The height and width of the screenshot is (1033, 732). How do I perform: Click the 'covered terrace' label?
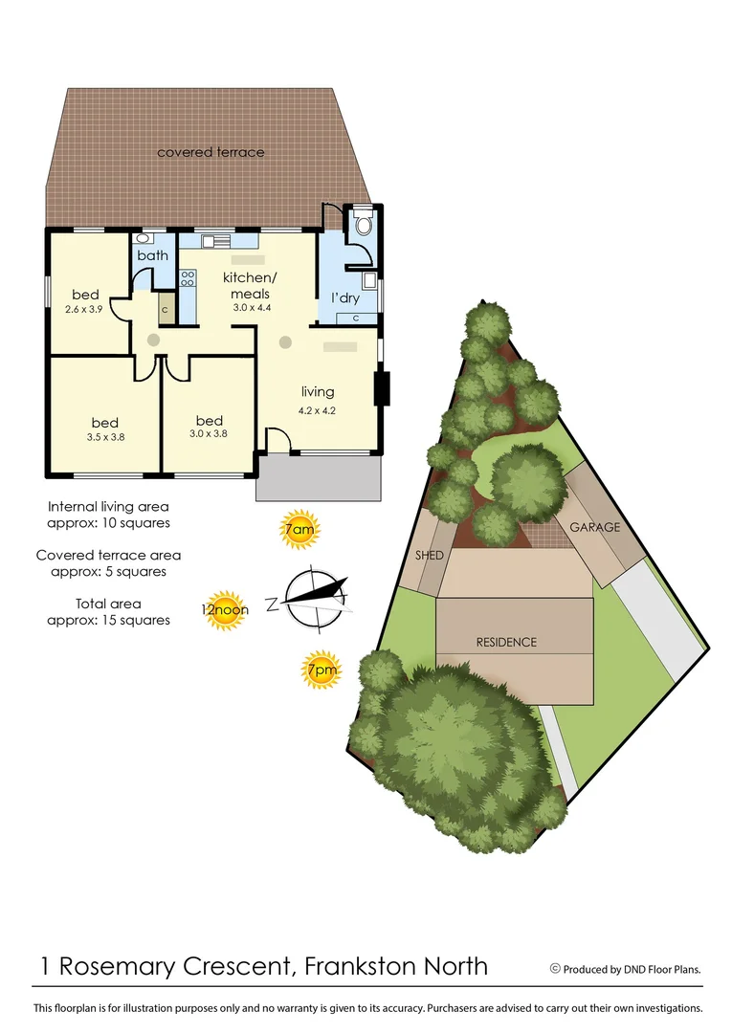(211, 152)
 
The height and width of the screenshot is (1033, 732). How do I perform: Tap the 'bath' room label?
(152, 255)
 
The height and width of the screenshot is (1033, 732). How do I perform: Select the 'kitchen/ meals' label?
(247, 285)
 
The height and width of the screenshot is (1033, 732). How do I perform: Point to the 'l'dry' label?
(345, 298)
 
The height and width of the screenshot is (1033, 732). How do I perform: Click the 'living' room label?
(318, 391)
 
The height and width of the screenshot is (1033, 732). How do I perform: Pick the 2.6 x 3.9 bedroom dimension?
(85, 310)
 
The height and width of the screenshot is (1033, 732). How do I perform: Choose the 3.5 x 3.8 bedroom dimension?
(105, 437)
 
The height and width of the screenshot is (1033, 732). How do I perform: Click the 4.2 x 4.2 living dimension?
(318, 410)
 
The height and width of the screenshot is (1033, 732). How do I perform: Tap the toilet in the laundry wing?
(361, 226)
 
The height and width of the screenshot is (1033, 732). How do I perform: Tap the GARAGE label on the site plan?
(595, 527)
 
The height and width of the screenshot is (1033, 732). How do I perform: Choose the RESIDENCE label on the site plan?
(506, 642)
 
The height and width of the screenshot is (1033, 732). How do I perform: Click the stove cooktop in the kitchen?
(189, 278)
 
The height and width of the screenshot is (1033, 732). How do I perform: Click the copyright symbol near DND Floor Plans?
(555, 968)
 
